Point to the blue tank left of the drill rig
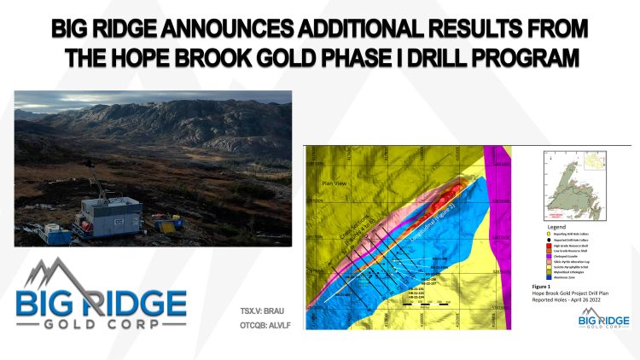pos(57,232)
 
